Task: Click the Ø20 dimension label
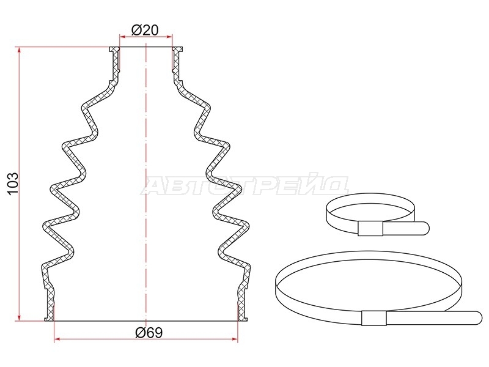145,30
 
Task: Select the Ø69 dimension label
149,333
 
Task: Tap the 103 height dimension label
13,183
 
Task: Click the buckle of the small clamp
370,229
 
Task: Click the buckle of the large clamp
374,318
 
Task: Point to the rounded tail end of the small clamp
425,228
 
